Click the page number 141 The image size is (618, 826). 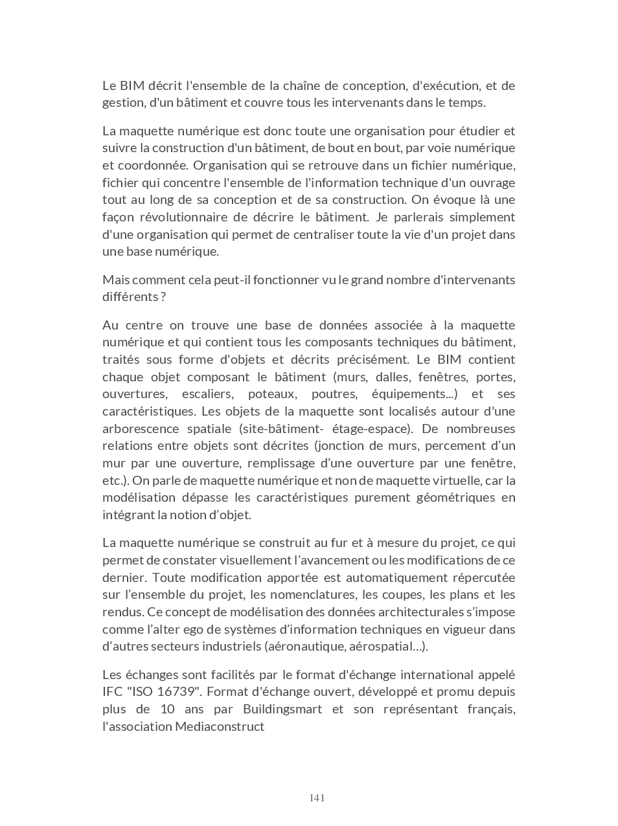click(x=317, y=798)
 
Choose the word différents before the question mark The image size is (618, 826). click(x=130, y=296)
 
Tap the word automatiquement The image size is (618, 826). click(x=398, y=577)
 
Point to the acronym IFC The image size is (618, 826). click(x=113, y=691)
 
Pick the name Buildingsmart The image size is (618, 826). click(x=282, y=709)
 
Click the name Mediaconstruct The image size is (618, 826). click(x=220, y=726)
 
